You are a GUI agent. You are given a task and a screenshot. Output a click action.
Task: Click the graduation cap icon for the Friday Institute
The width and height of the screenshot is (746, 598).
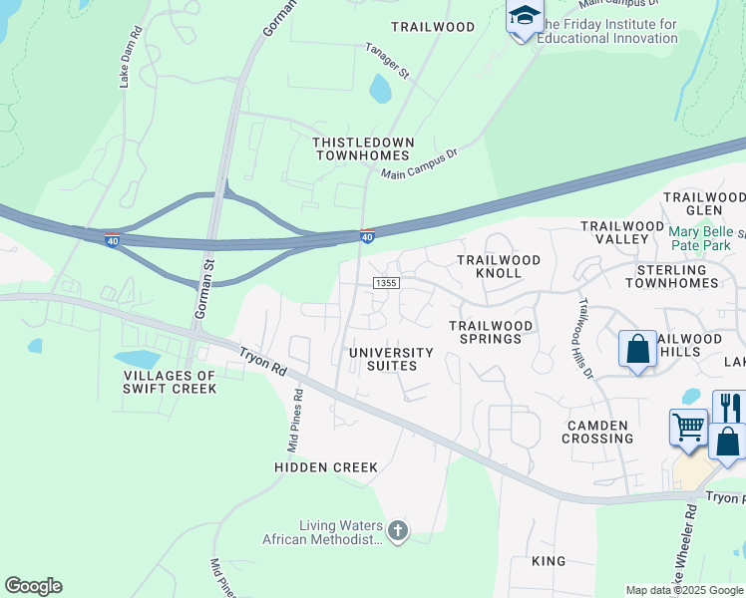524,17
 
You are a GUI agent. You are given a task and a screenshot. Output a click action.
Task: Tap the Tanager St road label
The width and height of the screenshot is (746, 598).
387,61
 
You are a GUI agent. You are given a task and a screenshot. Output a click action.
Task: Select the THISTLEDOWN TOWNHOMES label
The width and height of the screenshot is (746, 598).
362,149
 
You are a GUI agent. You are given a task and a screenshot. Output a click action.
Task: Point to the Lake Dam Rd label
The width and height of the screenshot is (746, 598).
126,64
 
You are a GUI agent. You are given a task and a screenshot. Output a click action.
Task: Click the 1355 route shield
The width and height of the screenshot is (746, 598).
387,284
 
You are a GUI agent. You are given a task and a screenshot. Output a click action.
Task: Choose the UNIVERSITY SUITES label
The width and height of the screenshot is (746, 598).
391,359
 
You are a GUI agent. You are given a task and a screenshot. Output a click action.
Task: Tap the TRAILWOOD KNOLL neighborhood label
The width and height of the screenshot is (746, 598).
499,266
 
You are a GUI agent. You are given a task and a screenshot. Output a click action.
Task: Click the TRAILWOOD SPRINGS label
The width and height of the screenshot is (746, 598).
485,332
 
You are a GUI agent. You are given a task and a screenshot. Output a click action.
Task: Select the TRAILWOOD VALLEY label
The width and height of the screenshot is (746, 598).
622,233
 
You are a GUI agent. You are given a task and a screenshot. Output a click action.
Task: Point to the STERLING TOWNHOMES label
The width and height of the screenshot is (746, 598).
677,276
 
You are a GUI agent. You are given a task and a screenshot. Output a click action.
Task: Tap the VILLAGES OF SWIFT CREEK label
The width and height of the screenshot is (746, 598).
170,382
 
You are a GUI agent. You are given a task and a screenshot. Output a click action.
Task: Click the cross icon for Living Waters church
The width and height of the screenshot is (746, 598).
398,530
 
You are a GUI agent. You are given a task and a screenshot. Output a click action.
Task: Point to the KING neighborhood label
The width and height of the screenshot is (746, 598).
549,561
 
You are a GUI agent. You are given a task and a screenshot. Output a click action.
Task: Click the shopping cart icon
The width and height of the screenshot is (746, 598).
688,427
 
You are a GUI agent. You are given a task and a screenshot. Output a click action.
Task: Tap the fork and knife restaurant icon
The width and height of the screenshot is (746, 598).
730,407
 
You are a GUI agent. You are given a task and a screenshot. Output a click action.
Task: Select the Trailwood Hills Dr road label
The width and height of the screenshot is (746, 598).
586,338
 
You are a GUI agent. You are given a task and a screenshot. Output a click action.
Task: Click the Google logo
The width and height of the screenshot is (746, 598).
33,586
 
